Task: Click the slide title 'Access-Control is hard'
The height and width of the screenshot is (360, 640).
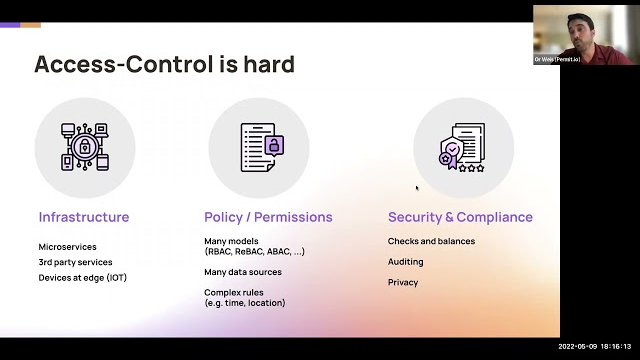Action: (165, 65)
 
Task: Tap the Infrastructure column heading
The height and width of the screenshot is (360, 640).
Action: (84, 217)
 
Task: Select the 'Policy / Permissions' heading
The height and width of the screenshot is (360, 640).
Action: (268, 217)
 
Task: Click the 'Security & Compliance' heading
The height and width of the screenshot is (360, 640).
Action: (460, 217)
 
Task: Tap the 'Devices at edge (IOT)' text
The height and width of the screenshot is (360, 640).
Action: (83, 277)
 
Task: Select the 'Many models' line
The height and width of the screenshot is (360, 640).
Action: (231, 241)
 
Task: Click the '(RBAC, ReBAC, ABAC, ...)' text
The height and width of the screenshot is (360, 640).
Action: (254, 252)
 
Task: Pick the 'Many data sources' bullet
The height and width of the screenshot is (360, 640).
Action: (243, 272)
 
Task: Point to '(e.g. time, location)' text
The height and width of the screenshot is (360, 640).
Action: (245, 303)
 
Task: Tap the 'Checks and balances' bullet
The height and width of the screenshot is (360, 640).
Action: (431, 241)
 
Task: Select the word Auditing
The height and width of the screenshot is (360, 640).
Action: (406, 262)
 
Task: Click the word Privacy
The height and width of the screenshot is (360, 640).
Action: (403, 282)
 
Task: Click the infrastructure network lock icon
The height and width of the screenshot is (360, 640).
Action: (85, 147)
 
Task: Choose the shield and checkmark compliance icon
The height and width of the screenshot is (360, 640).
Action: (463, 147)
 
